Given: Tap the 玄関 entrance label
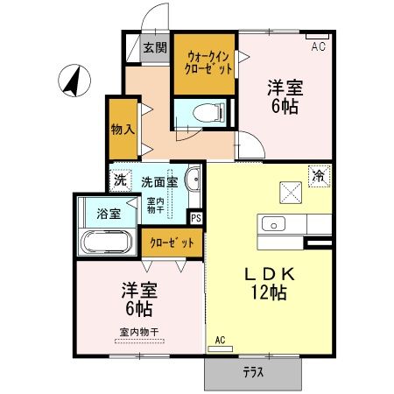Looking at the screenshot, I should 155,48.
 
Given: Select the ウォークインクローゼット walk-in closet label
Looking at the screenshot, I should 207,63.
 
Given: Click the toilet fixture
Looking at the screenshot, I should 202,113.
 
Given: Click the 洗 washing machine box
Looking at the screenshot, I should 119,181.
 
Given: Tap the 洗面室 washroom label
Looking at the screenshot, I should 159,181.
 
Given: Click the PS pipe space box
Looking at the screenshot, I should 196,218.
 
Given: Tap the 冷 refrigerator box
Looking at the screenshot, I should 320,176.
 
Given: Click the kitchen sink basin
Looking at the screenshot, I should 274,224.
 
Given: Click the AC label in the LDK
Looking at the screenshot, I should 220,341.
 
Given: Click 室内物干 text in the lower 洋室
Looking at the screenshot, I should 139,332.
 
